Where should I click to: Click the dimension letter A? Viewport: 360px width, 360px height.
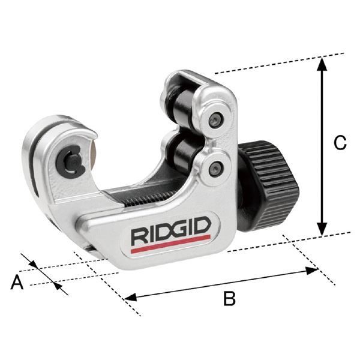[x=17, y=283]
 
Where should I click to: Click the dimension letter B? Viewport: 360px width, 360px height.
[x=229, y=298]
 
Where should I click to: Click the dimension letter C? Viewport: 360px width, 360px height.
[x=340, y=143]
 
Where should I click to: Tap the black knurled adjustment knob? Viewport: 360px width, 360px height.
[x=269, y=185]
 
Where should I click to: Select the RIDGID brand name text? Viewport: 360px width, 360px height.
[x=171, y=232]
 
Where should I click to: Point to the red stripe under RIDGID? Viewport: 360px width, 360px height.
[x=171, y=244]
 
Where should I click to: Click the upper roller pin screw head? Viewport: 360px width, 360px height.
[x=216, y=121]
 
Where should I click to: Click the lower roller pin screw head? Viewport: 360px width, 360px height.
[x=215, y=169]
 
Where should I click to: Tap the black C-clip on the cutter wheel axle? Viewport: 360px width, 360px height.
[x=70, y=163]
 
